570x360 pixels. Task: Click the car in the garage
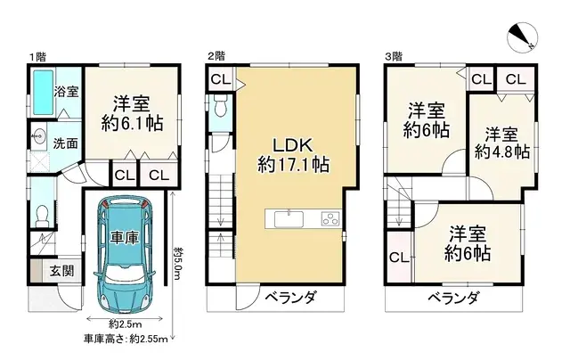[125, 254]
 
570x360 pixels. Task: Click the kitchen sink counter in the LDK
[304, 219]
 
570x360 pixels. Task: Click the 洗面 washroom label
[64, 143]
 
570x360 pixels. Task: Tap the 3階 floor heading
[393, 56]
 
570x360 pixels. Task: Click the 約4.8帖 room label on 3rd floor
[502, 143]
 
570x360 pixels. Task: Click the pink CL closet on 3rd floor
[398, 258]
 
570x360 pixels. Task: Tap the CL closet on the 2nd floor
[220, 79]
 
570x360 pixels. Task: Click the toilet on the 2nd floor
[220, 110]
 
